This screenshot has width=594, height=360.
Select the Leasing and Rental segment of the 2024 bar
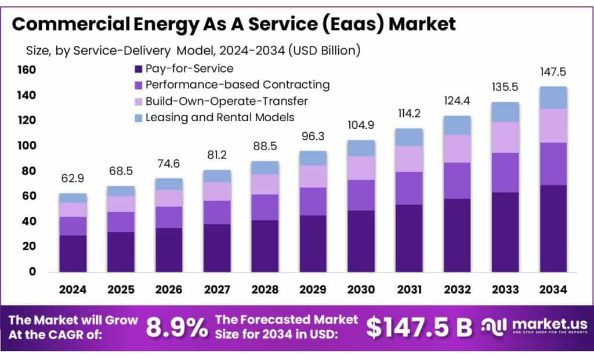pyautogui.click(x=73, y=198)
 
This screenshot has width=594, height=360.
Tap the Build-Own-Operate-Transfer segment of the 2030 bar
pyautogui.click(x=361, y=168)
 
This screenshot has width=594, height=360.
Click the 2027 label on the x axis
pyautogui.click(x=217, y=289)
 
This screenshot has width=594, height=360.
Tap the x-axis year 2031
pyautogui.click(x=409, y=289)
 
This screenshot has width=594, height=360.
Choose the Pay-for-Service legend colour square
pyautogui.click(x=138, y=69)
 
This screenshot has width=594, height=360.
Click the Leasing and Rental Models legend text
pyautogui.click(x=220, y=117)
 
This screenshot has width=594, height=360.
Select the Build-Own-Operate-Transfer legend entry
pyautogui.click(x=226, y=101)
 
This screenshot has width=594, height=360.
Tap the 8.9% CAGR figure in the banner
pyautogui.click(x=176, y=328)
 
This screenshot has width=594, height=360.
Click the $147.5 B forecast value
pyautogui.click(x=419, y=328)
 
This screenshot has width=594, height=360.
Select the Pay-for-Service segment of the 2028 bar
pyautogui.click(x=265, y=246)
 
